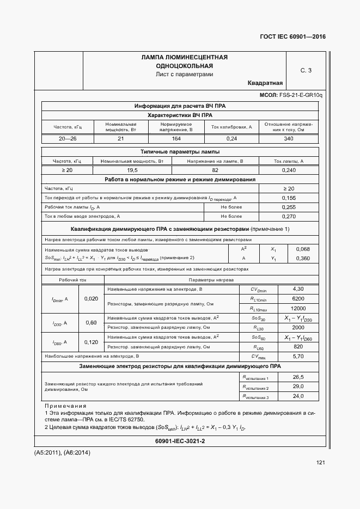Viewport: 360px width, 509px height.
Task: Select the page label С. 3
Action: coord(306,70)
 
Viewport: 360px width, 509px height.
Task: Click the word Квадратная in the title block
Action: coord(265,83)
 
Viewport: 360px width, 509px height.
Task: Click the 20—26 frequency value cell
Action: coord(68,139)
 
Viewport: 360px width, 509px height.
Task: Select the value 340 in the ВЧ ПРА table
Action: coord(289,139)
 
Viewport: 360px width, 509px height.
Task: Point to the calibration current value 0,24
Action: coord(232,139)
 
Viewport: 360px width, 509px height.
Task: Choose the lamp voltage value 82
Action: coord(215,170)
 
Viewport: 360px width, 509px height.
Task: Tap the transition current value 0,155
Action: coord(289,198)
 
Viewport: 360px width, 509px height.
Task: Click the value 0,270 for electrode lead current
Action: coord(289,217)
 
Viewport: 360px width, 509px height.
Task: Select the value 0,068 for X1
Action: coord(302,249)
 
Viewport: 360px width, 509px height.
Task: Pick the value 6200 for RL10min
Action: coord(298,298)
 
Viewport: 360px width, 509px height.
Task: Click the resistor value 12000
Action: coord(298,308)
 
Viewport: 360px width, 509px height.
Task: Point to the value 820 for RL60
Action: coord(298,347)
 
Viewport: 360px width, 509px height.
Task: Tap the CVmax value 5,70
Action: coord(298,356)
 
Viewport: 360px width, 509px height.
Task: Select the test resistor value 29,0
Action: coord(298,386)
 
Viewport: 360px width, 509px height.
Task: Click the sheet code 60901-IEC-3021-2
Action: coord(180,440)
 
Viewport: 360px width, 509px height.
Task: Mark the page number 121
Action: coord(320,463)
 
